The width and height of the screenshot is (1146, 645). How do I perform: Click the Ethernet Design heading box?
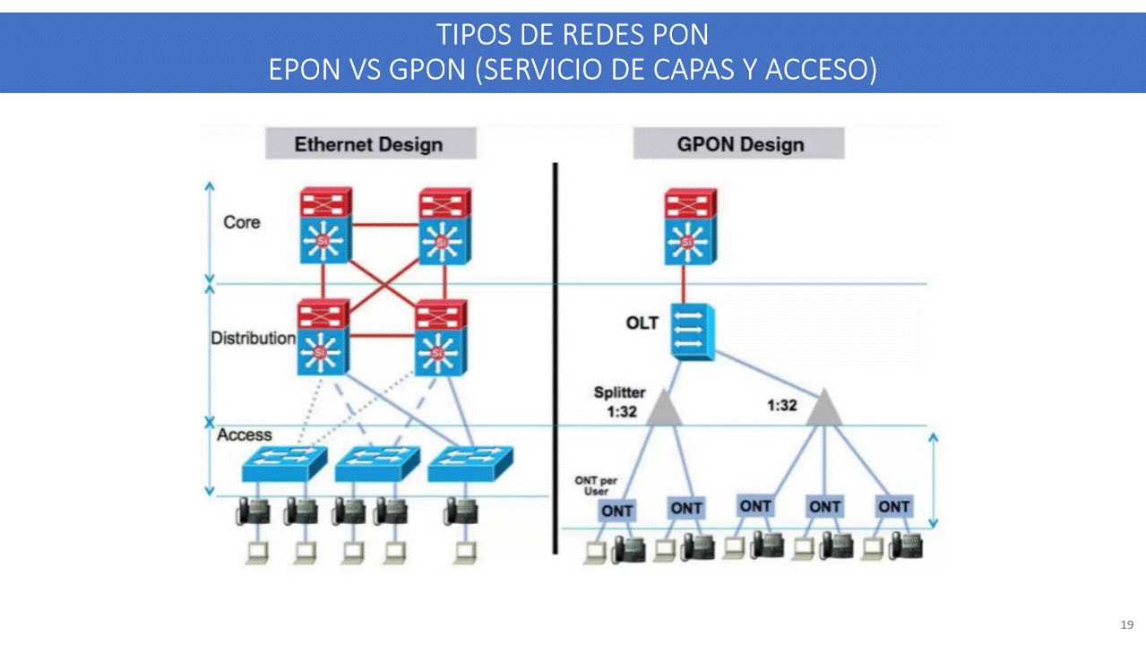pyautogui.click(x=370, y=144)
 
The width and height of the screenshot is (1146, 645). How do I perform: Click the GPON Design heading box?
pyautogui.click(x=739, y=144)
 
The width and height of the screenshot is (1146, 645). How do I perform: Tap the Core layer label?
pyautogui.click(x=242, y=222)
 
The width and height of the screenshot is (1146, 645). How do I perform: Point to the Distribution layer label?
pyautogui.click(x=253, y=339)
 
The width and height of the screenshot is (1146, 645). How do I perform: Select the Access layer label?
pyautogui.click(x=245, y=434)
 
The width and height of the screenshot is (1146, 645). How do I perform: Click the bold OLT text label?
pyautogui.click(x=642, y=322)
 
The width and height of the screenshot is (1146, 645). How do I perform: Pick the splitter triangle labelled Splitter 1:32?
pyautogui.click(x=664, y=407)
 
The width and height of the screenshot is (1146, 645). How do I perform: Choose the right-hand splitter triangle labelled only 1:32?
pyautogui.click(x=824, y=408)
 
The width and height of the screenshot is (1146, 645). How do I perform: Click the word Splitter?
pyautogui.click(x=619, y=392)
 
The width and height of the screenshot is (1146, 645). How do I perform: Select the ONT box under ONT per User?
pyautogui.click(x=617, y=511)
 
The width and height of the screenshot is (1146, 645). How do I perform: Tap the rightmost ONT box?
pyautogui.click(x=893, y=506)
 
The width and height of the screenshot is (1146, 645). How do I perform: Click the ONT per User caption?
pyautogui.click(x=596, y=486)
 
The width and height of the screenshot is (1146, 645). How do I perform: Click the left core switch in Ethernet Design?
pyautogui.click(x=324, y=226)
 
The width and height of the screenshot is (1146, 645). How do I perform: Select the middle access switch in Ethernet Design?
pyautogui.click(x=376, y=461)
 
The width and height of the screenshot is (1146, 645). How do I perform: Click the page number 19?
pyautogui.click(x=1127, y=624)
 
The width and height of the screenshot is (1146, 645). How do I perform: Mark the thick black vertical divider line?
pyautogui.click(x=556, y=358)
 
